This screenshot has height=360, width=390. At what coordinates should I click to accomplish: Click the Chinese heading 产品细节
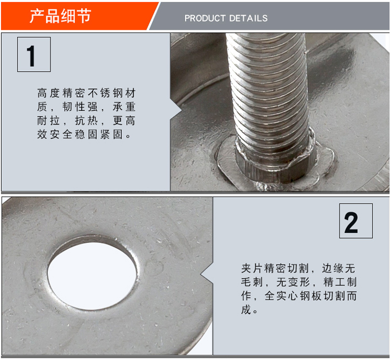click(60, 16)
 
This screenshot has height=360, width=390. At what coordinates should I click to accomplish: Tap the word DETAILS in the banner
click(248, 18)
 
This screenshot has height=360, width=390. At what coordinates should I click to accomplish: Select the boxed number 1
click(34, 55)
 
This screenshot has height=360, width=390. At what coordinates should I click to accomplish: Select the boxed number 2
click(356, 221)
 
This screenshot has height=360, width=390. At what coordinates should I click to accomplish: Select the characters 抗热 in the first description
click(86, 121)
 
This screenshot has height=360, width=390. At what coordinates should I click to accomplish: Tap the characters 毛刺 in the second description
click(251, 282)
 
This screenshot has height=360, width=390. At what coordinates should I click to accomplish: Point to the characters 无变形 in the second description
click(293, 282)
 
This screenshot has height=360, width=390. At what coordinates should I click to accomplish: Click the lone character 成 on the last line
click(246, 310)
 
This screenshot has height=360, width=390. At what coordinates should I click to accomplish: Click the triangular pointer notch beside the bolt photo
click(176, 110)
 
